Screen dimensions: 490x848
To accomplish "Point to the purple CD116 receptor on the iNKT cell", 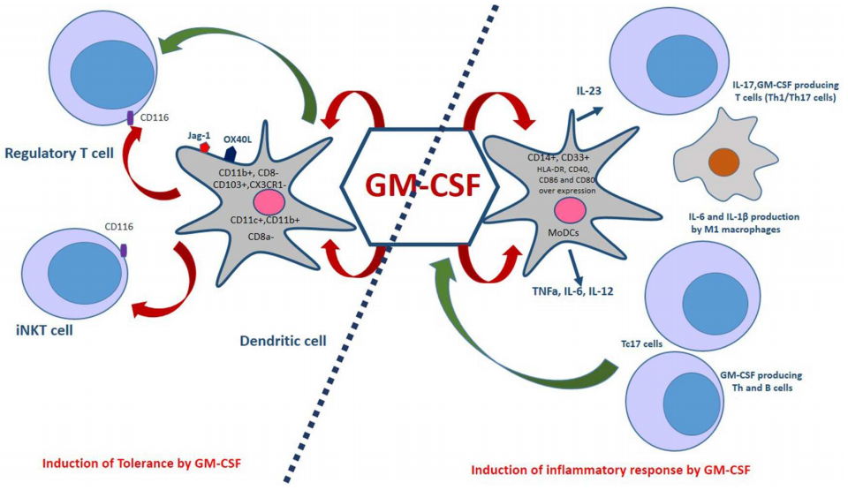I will pos(124,253).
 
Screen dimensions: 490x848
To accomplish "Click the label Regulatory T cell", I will pos(59,153).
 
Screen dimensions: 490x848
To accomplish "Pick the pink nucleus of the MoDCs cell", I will pos(572,211).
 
